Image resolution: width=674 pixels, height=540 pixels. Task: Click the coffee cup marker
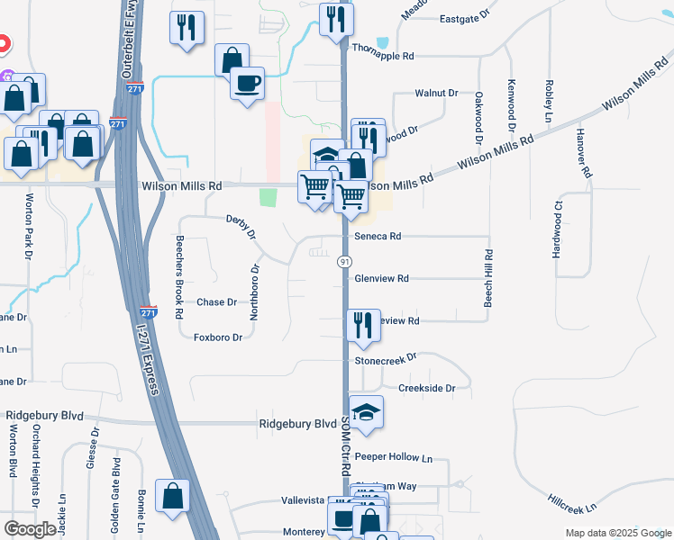pos(247,84)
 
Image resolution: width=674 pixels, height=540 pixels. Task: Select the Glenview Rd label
pos(382,278)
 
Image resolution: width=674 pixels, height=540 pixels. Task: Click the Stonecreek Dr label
pos(386,357)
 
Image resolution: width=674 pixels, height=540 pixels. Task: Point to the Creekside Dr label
pos(427,388)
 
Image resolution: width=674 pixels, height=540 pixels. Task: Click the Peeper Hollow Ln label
pos(394,457)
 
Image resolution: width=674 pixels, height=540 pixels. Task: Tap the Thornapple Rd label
pos(383,56)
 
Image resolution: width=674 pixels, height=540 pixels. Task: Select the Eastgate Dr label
pos(463,17)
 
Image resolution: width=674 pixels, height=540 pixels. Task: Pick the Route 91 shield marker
pos(344,261)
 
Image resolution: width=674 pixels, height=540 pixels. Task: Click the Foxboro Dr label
pos(218,337)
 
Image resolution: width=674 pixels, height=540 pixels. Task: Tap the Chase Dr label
pos(216,302)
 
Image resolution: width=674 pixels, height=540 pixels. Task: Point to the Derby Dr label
pos(241,226)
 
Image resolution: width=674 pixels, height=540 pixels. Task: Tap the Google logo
pos(30,529)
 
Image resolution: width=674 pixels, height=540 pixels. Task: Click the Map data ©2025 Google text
pos(617,533)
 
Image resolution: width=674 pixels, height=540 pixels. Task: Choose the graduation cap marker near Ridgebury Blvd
pos(366,412)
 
